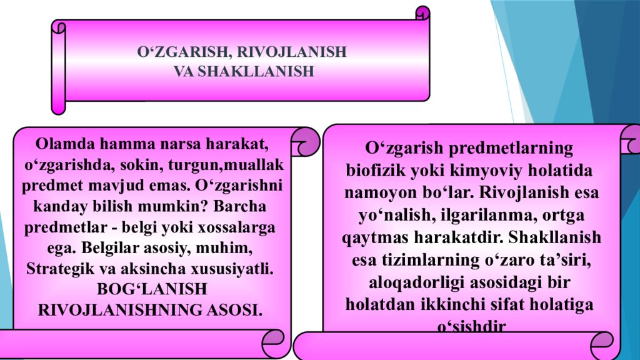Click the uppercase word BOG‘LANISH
(x=151, y=289)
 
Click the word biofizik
(x=371, y=171)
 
